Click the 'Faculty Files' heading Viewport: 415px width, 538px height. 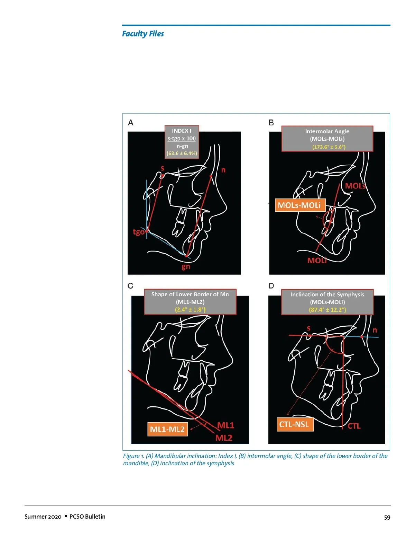(x=143, y=34)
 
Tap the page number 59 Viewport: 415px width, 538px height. (x=387, y=518)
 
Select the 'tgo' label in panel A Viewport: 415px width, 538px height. (x=139, y=232)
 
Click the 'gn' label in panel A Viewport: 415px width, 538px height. (x=186, y=267)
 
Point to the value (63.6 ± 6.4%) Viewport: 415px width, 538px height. (x=182, y=153)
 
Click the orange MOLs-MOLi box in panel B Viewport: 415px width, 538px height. (x=300, y=205)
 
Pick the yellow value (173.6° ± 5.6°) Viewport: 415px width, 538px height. (x=329, y=147)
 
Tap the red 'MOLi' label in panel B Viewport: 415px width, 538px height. (x=317, y=260)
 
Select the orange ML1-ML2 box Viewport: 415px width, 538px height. (x=167, y=429)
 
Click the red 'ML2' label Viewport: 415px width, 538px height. (x=224, y=438)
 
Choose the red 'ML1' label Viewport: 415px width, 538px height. (x=226, y=425)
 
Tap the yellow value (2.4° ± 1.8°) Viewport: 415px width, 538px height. (x=190, y=309)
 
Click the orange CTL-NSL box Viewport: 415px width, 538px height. (x=295, y=424)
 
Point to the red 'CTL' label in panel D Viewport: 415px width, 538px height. (x=354, y=426)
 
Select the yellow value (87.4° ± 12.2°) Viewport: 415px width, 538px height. (x=328, y=310)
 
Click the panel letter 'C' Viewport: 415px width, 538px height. (x=130, y=286)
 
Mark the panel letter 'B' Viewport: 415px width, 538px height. (x=271, y=123)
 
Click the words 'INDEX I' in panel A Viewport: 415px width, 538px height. (x=182, y=131)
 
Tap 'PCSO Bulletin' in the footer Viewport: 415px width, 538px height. (x=87, y=517)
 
